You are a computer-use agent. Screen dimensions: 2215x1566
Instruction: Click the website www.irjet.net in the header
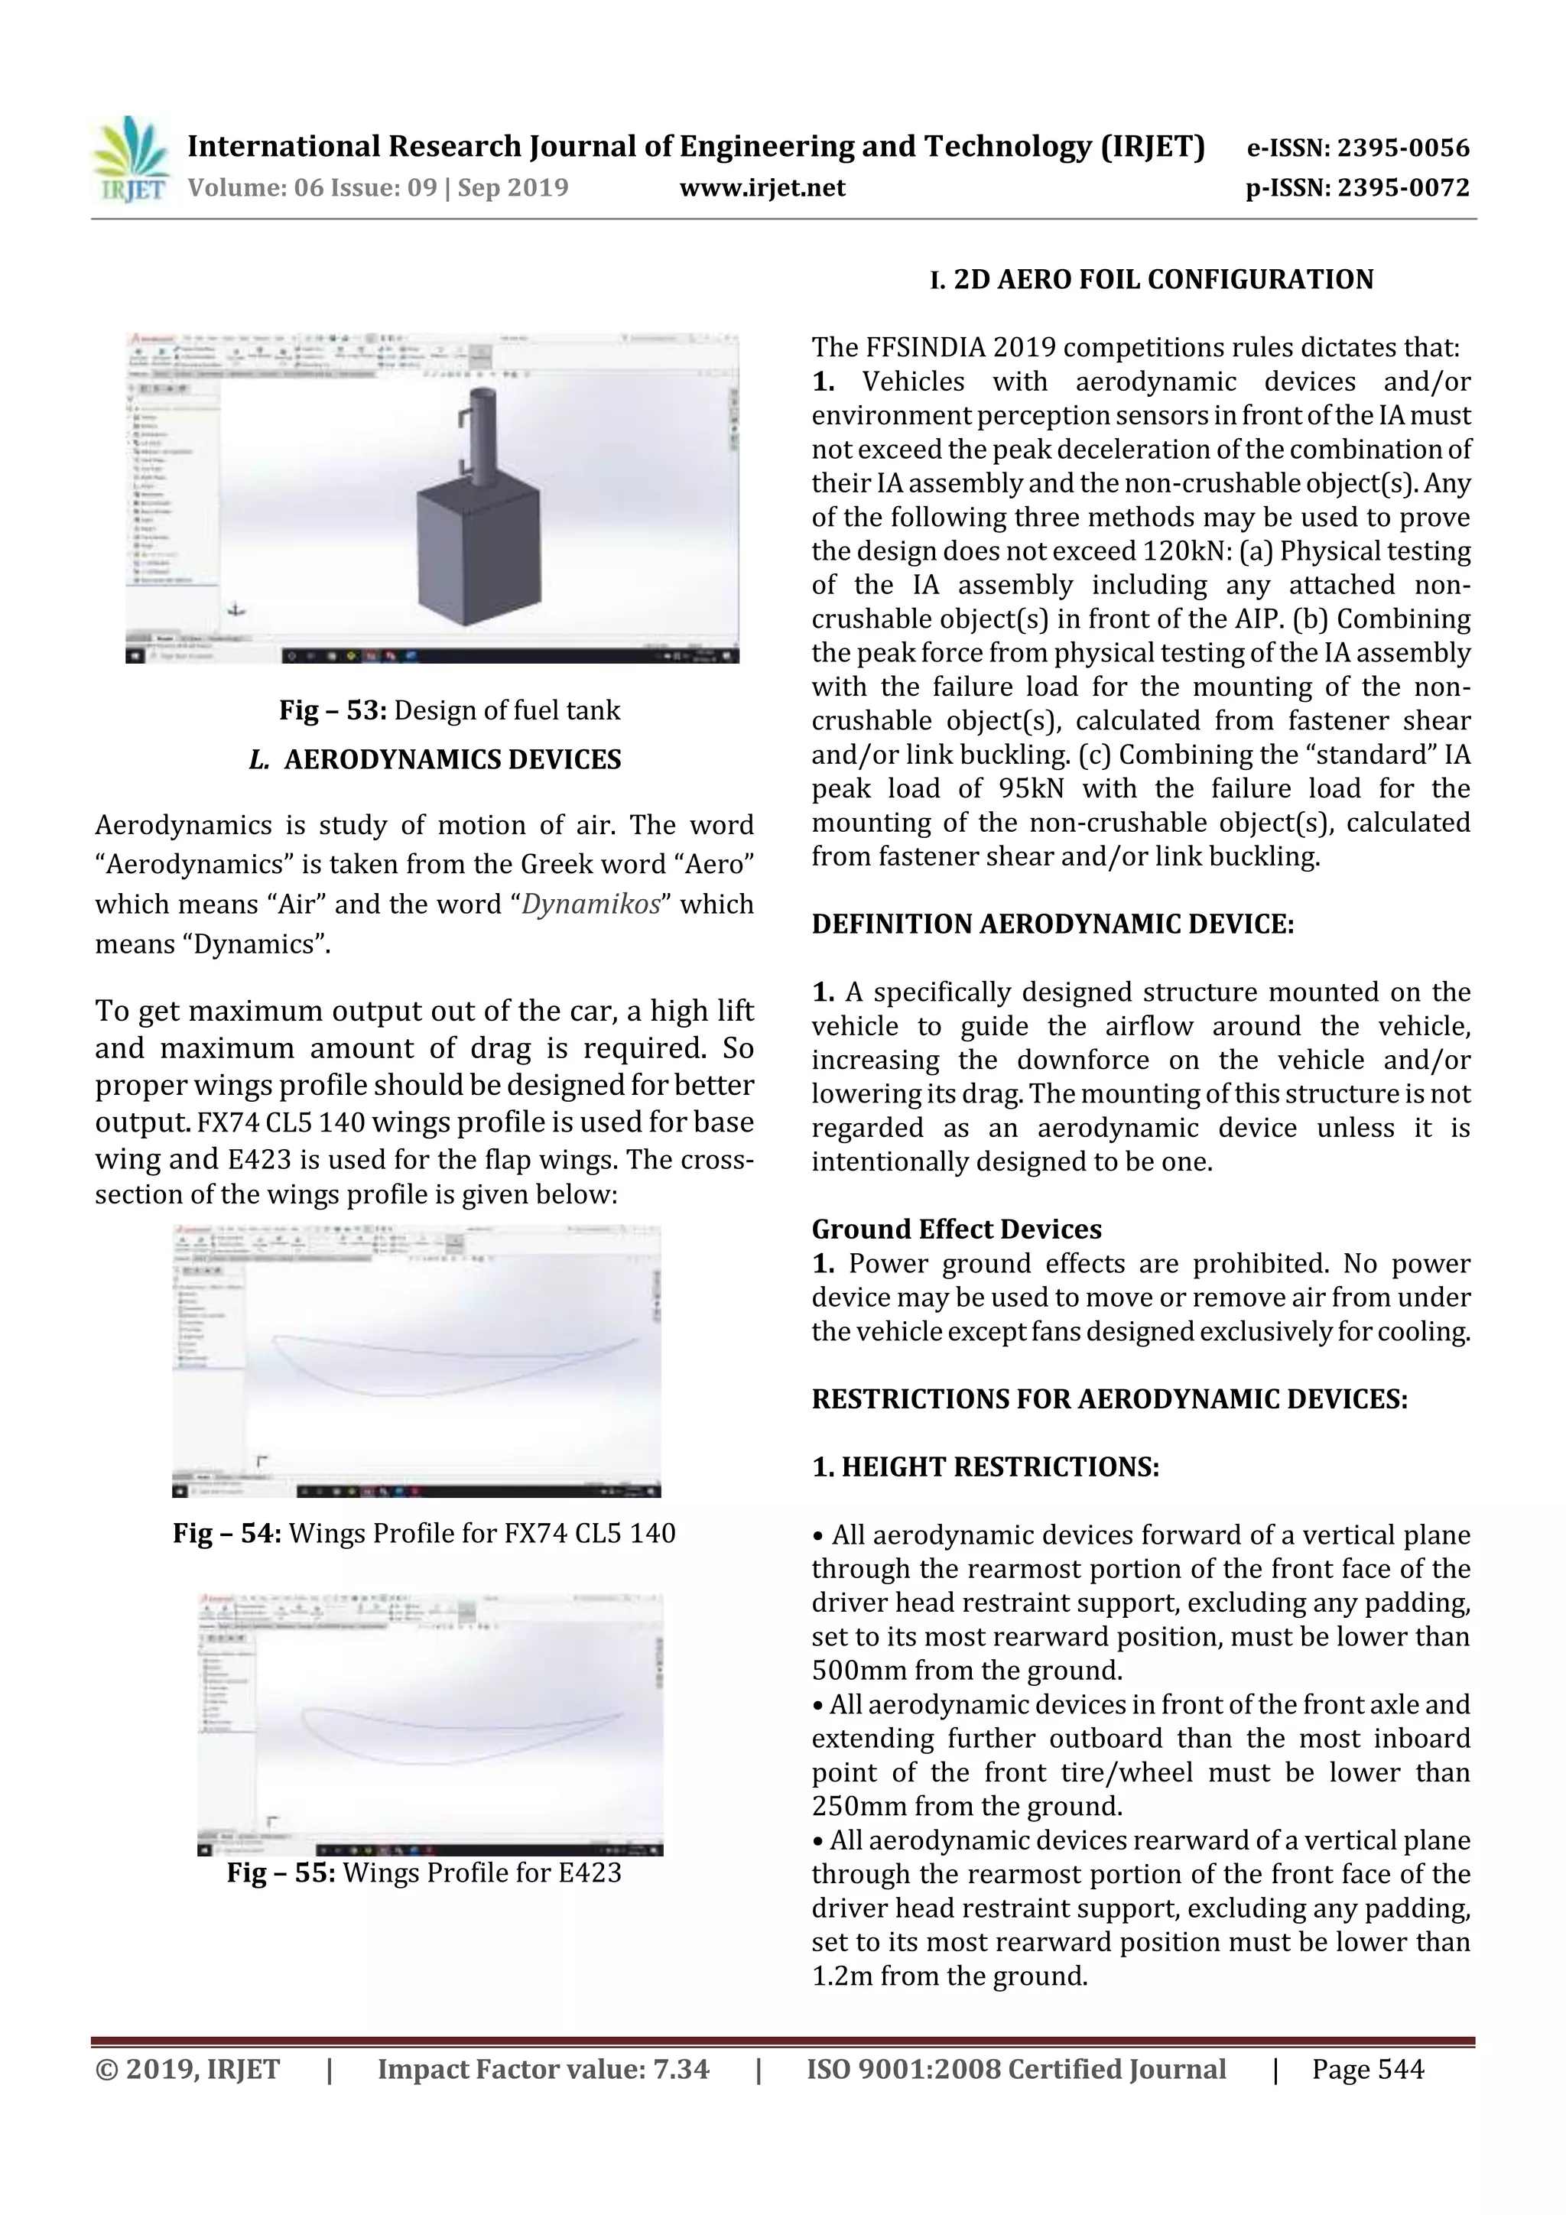(x=762, y=188)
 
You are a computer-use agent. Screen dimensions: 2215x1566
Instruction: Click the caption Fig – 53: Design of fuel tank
(x=450, y=711)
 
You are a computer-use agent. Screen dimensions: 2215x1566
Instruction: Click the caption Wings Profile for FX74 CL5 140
(x=482, y=1533)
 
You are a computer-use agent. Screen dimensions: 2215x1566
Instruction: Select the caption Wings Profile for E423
(x=482, y=1872)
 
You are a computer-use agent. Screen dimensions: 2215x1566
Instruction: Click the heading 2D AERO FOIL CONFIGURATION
(x=1163, y=280)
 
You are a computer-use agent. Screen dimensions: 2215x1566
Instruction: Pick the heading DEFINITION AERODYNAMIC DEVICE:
(x=1051, y=924)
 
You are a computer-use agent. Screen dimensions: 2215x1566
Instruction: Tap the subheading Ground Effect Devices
(x=955, y=1229)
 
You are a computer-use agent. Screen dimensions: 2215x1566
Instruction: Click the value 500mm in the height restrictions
(x=859, y=1671)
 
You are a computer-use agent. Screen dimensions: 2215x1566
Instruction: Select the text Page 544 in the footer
(x=1367, y=2069)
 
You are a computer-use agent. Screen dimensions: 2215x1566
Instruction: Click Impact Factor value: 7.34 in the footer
(x=543, y=2069)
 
